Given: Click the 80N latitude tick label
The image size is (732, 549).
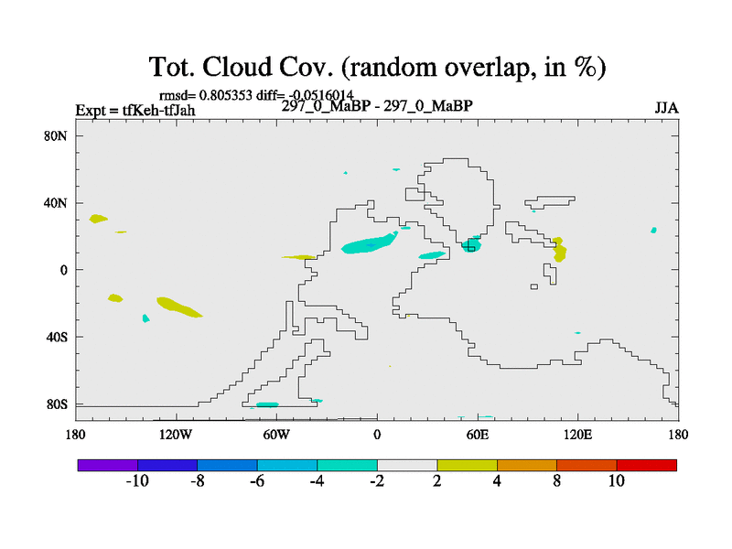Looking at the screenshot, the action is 56,135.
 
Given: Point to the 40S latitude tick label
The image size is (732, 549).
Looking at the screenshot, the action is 57,337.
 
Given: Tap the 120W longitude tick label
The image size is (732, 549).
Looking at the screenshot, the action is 176,436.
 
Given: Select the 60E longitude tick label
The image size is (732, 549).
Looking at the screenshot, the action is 478,436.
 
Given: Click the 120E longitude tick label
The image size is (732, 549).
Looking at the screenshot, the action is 578,436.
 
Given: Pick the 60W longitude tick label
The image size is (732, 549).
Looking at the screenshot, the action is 276,436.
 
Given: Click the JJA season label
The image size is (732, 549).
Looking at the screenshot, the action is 666,108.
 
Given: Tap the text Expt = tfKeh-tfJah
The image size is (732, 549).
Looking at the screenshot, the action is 135,110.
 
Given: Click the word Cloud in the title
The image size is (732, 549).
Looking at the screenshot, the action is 237,67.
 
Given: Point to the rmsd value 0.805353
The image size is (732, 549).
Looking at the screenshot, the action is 225,95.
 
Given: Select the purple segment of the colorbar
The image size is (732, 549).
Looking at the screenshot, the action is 108,465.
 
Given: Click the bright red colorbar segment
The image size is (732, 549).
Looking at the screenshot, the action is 647,465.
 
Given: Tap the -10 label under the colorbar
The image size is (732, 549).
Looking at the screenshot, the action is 137,480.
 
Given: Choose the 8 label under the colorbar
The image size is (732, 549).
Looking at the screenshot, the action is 556,480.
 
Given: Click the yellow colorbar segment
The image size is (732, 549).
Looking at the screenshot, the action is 467,465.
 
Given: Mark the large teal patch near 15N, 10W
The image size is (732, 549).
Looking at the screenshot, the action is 370,243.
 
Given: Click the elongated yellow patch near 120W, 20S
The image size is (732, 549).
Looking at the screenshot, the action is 178,307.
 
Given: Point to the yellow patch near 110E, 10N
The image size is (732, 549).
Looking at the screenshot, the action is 559,250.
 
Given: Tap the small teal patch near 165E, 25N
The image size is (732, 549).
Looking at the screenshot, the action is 653,231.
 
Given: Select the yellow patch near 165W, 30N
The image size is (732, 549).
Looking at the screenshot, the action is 98,219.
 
